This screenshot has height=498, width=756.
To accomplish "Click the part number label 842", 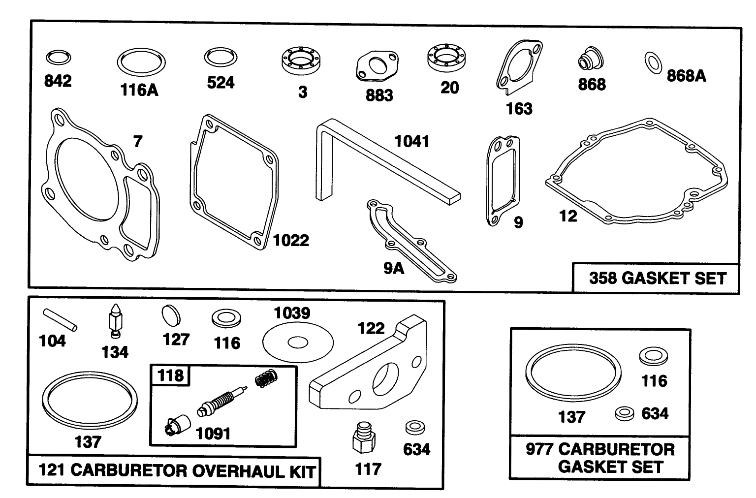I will [x=58, y=81].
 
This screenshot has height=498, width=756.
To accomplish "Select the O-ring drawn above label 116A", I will [x=141, y=63].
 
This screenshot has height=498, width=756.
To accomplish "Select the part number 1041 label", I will [x=412, y=142].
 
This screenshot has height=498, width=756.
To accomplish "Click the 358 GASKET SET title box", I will [x=657, y=278].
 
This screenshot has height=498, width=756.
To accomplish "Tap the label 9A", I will [x=394, y=268].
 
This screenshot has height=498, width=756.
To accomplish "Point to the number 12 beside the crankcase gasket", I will [x=568, y=216].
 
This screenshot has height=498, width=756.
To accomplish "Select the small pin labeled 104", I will [x=59, y=319].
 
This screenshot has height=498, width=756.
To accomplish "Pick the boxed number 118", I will [x=170, y=376].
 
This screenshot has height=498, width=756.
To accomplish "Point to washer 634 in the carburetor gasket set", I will [x=624, y=413].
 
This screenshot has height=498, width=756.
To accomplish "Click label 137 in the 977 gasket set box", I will [x=571, y=417].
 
